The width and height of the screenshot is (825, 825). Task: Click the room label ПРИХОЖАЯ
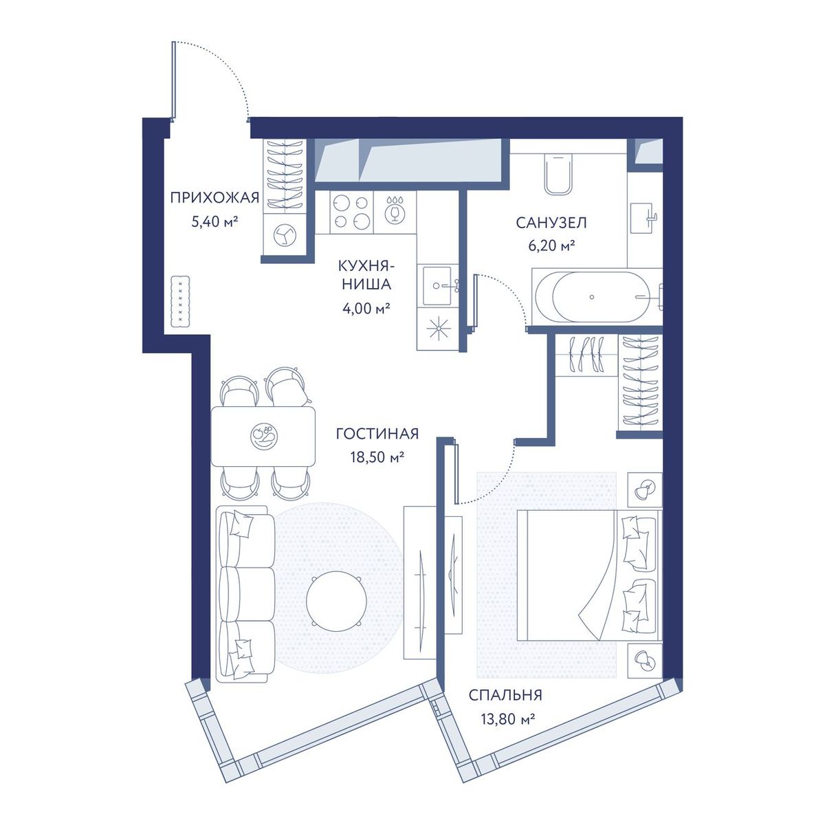[214, 198]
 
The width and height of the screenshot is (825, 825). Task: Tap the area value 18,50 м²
[377, 457]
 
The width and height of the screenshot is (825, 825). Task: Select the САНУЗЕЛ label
[551, 223]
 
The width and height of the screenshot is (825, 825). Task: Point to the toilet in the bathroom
[558, 175]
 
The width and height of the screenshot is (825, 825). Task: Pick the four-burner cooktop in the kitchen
[351, 212]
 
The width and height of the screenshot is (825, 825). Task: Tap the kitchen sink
[437, 285]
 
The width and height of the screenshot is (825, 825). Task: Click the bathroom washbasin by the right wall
[645, 217]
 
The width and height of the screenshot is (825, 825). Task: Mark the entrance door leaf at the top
[174, 80]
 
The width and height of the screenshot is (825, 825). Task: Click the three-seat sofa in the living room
[245, 594]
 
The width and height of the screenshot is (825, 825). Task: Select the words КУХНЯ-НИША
[366, 275]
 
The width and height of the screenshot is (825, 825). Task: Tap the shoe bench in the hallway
[180, 302]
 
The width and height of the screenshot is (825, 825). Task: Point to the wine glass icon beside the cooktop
[393, 212]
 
